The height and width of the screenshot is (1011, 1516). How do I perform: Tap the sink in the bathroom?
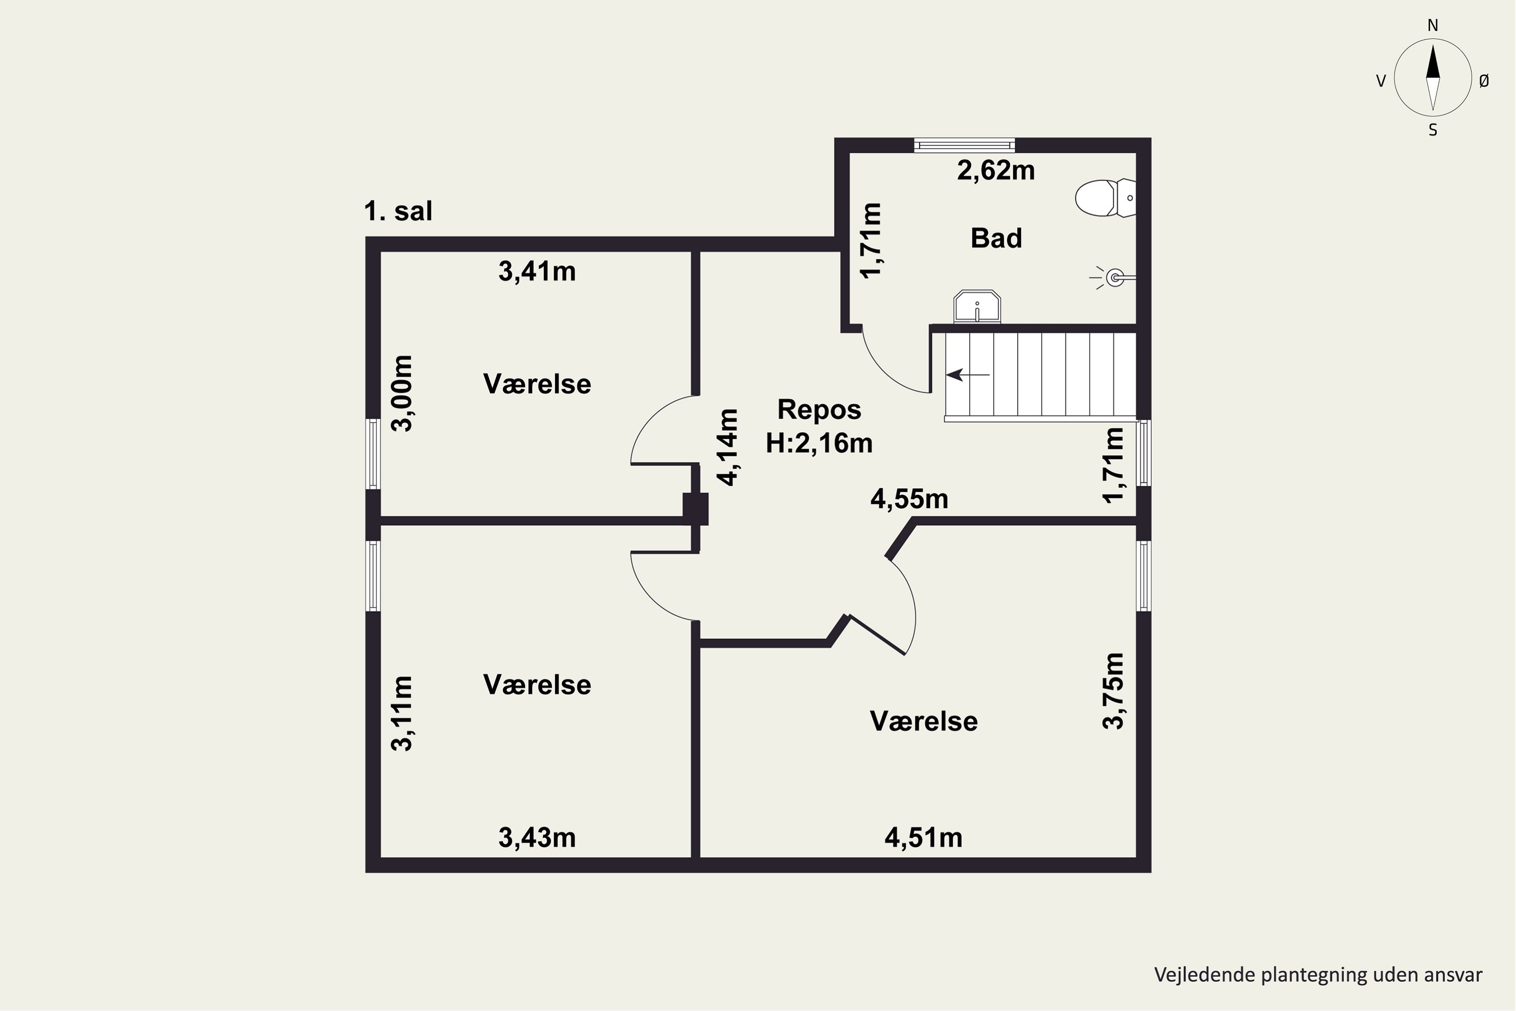click(x=977, y=306)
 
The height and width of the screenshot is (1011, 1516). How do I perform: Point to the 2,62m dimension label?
click(x=996, y=170)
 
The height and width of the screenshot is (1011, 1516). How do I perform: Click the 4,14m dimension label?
click(x=728, y=447)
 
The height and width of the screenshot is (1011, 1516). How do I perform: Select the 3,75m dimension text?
click(x=1113, y=691)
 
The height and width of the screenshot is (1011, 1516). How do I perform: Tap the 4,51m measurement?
click(x=923, y=838)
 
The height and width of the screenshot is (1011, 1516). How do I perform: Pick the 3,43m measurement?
click(x=537, y=838)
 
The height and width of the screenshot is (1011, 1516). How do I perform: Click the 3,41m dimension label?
click(x=537, y=271)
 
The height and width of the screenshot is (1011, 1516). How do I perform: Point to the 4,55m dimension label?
click(x=910, y=499)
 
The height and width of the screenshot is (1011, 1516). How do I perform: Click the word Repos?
click(x=819, y=409)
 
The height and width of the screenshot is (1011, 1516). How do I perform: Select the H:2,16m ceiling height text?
click(x=819, y=443)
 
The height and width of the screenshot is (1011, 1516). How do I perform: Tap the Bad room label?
click(x=997, y=238)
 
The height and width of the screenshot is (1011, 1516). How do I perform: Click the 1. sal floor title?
click(x=398, y=211)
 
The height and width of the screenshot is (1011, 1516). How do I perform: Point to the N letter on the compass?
click(x=1433, y=25)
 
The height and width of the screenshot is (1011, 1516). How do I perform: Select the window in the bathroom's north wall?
click(x=964, y=145)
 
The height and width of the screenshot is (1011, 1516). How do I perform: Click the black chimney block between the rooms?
click(x=695, y=509)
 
